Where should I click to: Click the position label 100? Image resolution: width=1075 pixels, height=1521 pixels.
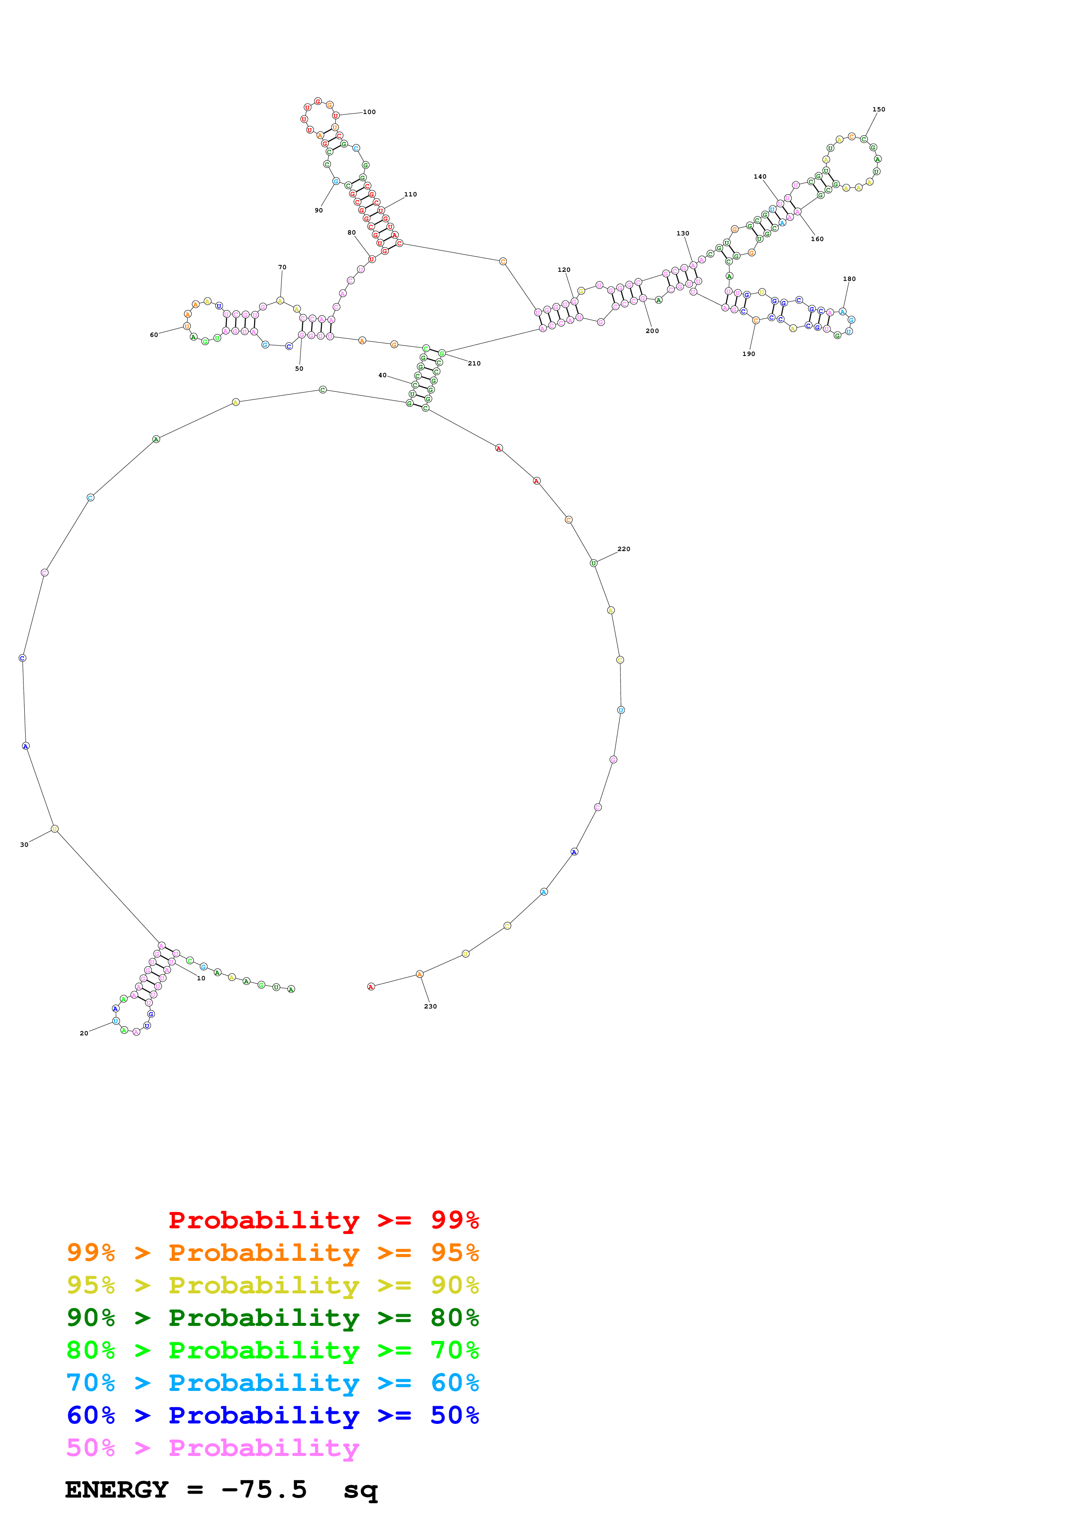369,112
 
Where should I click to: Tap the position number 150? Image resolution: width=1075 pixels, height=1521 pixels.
878,109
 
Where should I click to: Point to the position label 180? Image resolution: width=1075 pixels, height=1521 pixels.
849,279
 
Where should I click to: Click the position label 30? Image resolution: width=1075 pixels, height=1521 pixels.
24,845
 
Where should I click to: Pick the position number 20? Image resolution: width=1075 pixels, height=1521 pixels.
83,1033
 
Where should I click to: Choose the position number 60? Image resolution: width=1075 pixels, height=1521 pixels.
154,335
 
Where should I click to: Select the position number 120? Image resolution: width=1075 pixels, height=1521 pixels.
564,270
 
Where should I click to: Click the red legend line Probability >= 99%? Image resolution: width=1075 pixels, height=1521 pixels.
323,1220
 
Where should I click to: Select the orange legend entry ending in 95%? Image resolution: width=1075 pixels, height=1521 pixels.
272,1253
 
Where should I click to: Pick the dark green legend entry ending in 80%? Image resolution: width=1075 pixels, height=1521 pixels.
272,1318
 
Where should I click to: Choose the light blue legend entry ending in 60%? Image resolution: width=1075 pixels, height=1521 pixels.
272,1383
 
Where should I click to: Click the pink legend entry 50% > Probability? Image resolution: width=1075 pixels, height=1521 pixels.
212,1448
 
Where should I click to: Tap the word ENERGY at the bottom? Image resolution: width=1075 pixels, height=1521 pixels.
117,1490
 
